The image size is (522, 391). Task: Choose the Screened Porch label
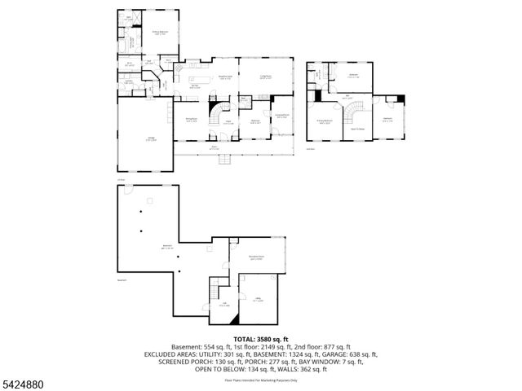[281, 117]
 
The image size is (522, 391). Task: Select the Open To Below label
[356, 128]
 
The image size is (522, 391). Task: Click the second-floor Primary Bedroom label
[325, 124]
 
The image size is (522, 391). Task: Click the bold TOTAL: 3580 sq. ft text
[261, 338]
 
